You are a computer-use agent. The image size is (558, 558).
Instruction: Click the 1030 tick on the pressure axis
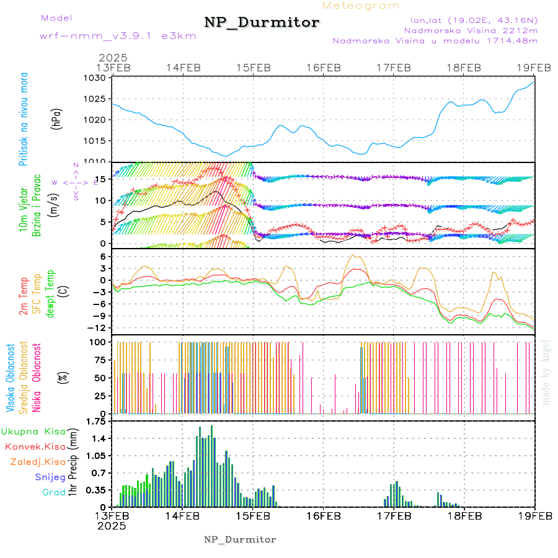pyautogui.click(x=96, y=79)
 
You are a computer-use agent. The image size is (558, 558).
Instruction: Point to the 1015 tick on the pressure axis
pyautogui.click(x=96, y=141)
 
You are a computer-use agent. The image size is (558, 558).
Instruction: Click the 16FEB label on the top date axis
pyautogui.click(x=324, y=68)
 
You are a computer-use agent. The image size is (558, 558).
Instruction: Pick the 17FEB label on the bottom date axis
pyautogui.click(x=394, y=515)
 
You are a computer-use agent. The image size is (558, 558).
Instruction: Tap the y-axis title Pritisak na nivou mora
pyautogui.click(x=24, y=118)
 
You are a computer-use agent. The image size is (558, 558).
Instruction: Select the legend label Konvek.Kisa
pyautogui.click(x=35, y=446)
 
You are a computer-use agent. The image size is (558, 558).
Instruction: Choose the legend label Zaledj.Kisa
pyautogui.click(x=38, y=462)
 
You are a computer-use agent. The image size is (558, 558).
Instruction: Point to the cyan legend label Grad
pyautogui.click(x=53, y=493)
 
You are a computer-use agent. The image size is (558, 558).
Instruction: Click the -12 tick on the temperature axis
pyautogui.click(x=98, y=327)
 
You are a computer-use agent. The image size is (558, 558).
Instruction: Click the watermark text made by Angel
pyautogui.click(x=546, y=371)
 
